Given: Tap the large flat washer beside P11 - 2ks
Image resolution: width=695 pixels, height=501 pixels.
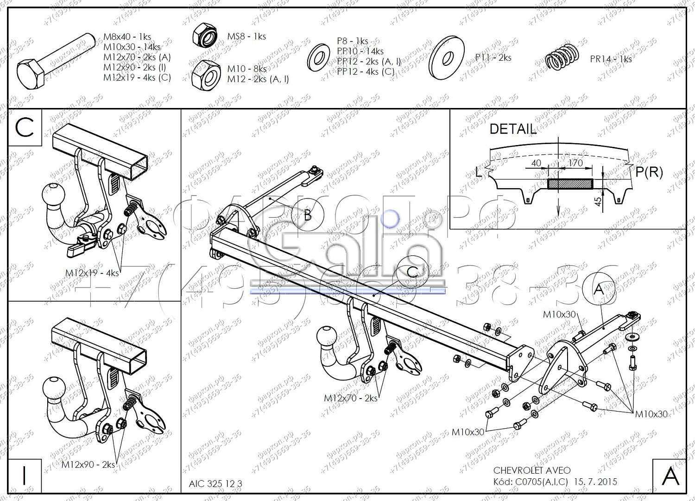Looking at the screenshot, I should click(x=447, y=58).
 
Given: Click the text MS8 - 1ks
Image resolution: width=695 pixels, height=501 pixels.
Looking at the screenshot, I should click(x=246, y=37).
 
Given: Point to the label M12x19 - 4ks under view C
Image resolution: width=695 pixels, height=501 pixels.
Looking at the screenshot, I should click(x=92, y=273).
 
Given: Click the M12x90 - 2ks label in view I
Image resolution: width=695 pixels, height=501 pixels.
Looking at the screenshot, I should click(x=88, y=464).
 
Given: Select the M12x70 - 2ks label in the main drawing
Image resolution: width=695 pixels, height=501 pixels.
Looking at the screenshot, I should click(x=350, y=398).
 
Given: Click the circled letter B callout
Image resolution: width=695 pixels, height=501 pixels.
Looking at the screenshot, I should click(x=307, y=215).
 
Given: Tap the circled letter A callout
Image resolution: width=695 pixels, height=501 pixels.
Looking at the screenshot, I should click(x=599, y=289).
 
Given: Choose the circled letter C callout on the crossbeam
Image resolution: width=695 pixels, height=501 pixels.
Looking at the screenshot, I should click(x=412, y=272).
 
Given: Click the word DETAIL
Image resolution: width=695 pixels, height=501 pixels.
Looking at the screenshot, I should click(x=513, y=129).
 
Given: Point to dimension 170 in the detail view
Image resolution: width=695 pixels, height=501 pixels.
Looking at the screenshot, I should click(x=575, y=163).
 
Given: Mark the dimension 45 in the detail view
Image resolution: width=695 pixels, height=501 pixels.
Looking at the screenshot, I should click(x=598, y=201).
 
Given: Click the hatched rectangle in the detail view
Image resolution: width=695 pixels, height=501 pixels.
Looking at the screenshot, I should click(x=570, y=184).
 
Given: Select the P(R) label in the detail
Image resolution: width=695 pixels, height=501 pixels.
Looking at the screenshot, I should click(x=649, y=172).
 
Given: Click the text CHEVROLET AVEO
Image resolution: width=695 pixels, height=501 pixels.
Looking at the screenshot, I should click(x=532, y=470).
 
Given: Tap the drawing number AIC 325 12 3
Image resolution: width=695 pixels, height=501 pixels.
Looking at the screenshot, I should click(x=215, y=484).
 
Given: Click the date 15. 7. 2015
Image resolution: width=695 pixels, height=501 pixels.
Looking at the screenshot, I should click(x=595, y=482).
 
